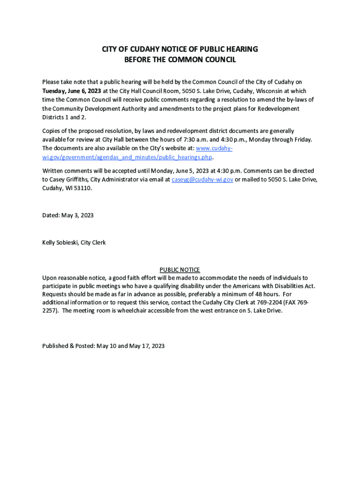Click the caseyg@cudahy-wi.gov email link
click(x=202, y=180)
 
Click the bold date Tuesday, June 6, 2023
click(x=72, y=91)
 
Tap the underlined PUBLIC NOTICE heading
click(x=180, y=270)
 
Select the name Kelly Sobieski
click(x=60, y=242)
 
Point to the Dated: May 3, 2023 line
click(x=68, y=215)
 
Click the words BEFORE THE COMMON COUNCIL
click(x=180, y=60)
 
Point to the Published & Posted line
click(x=103, y=346)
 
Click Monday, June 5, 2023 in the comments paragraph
click(x=174, y=171)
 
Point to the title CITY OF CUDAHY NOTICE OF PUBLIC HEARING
click(x=180, y=50)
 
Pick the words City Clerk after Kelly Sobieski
click(x=94, y=242)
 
